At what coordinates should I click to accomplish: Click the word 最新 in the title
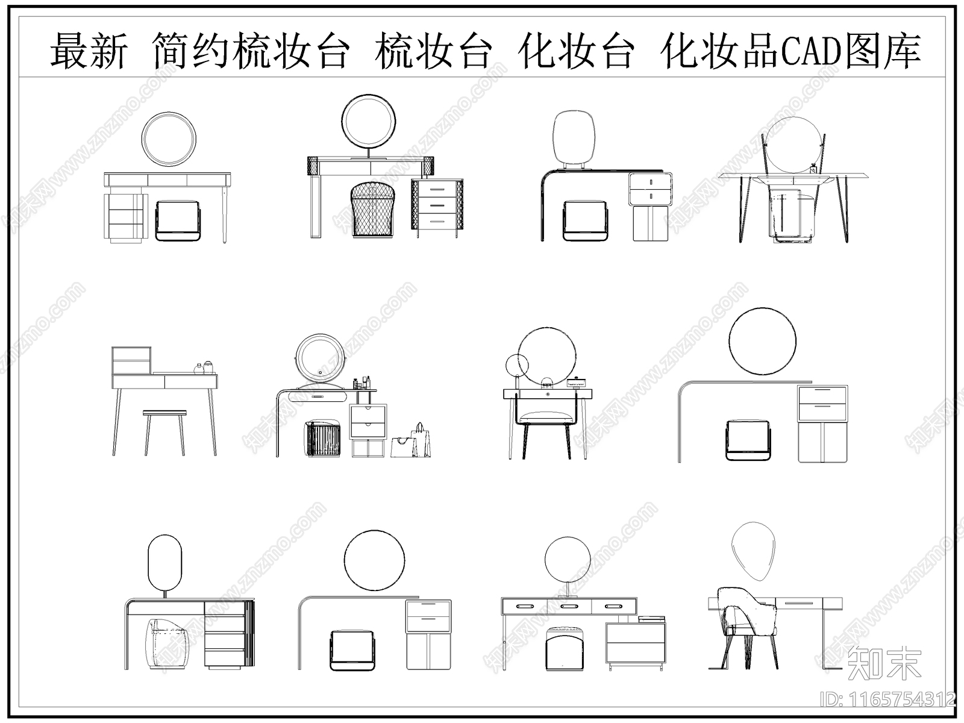[x=89, y=51]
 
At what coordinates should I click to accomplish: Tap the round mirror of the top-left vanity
[x=169, y=139]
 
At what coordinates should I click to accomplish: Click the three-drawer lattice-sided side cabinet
[x=437, y=205]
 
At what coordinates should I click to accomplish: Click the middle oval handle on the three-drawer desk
[x=568, y=606]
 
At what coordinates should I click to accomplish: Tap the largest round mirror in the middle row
[x=762, y=341]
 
